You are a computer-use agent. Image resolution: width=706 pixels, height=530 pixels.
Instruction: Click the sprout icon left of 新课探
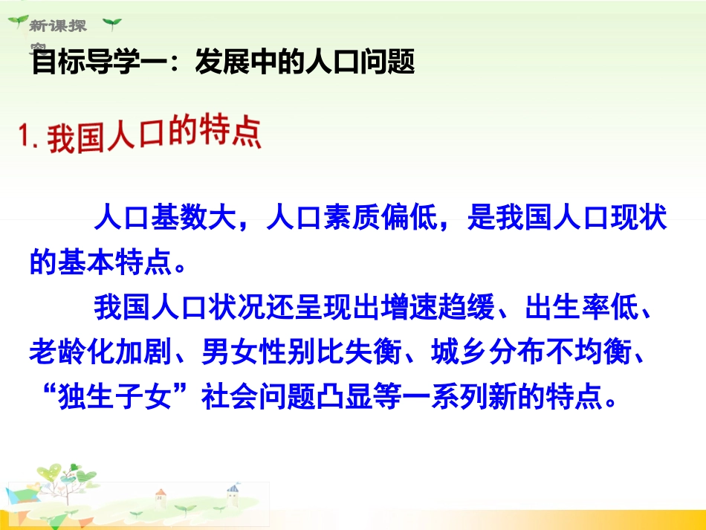(x=16, y=23)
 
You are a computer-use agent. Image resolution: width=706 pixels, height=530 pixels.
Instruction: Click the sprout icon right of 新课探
(x=111, y=25)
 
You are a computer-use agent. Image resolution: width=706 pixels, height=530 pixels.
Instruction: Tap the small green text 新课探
(x=59, y=26)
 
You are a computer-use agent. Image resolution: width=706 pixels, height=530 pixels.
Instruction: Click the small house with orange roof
(x=160, y=497)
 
